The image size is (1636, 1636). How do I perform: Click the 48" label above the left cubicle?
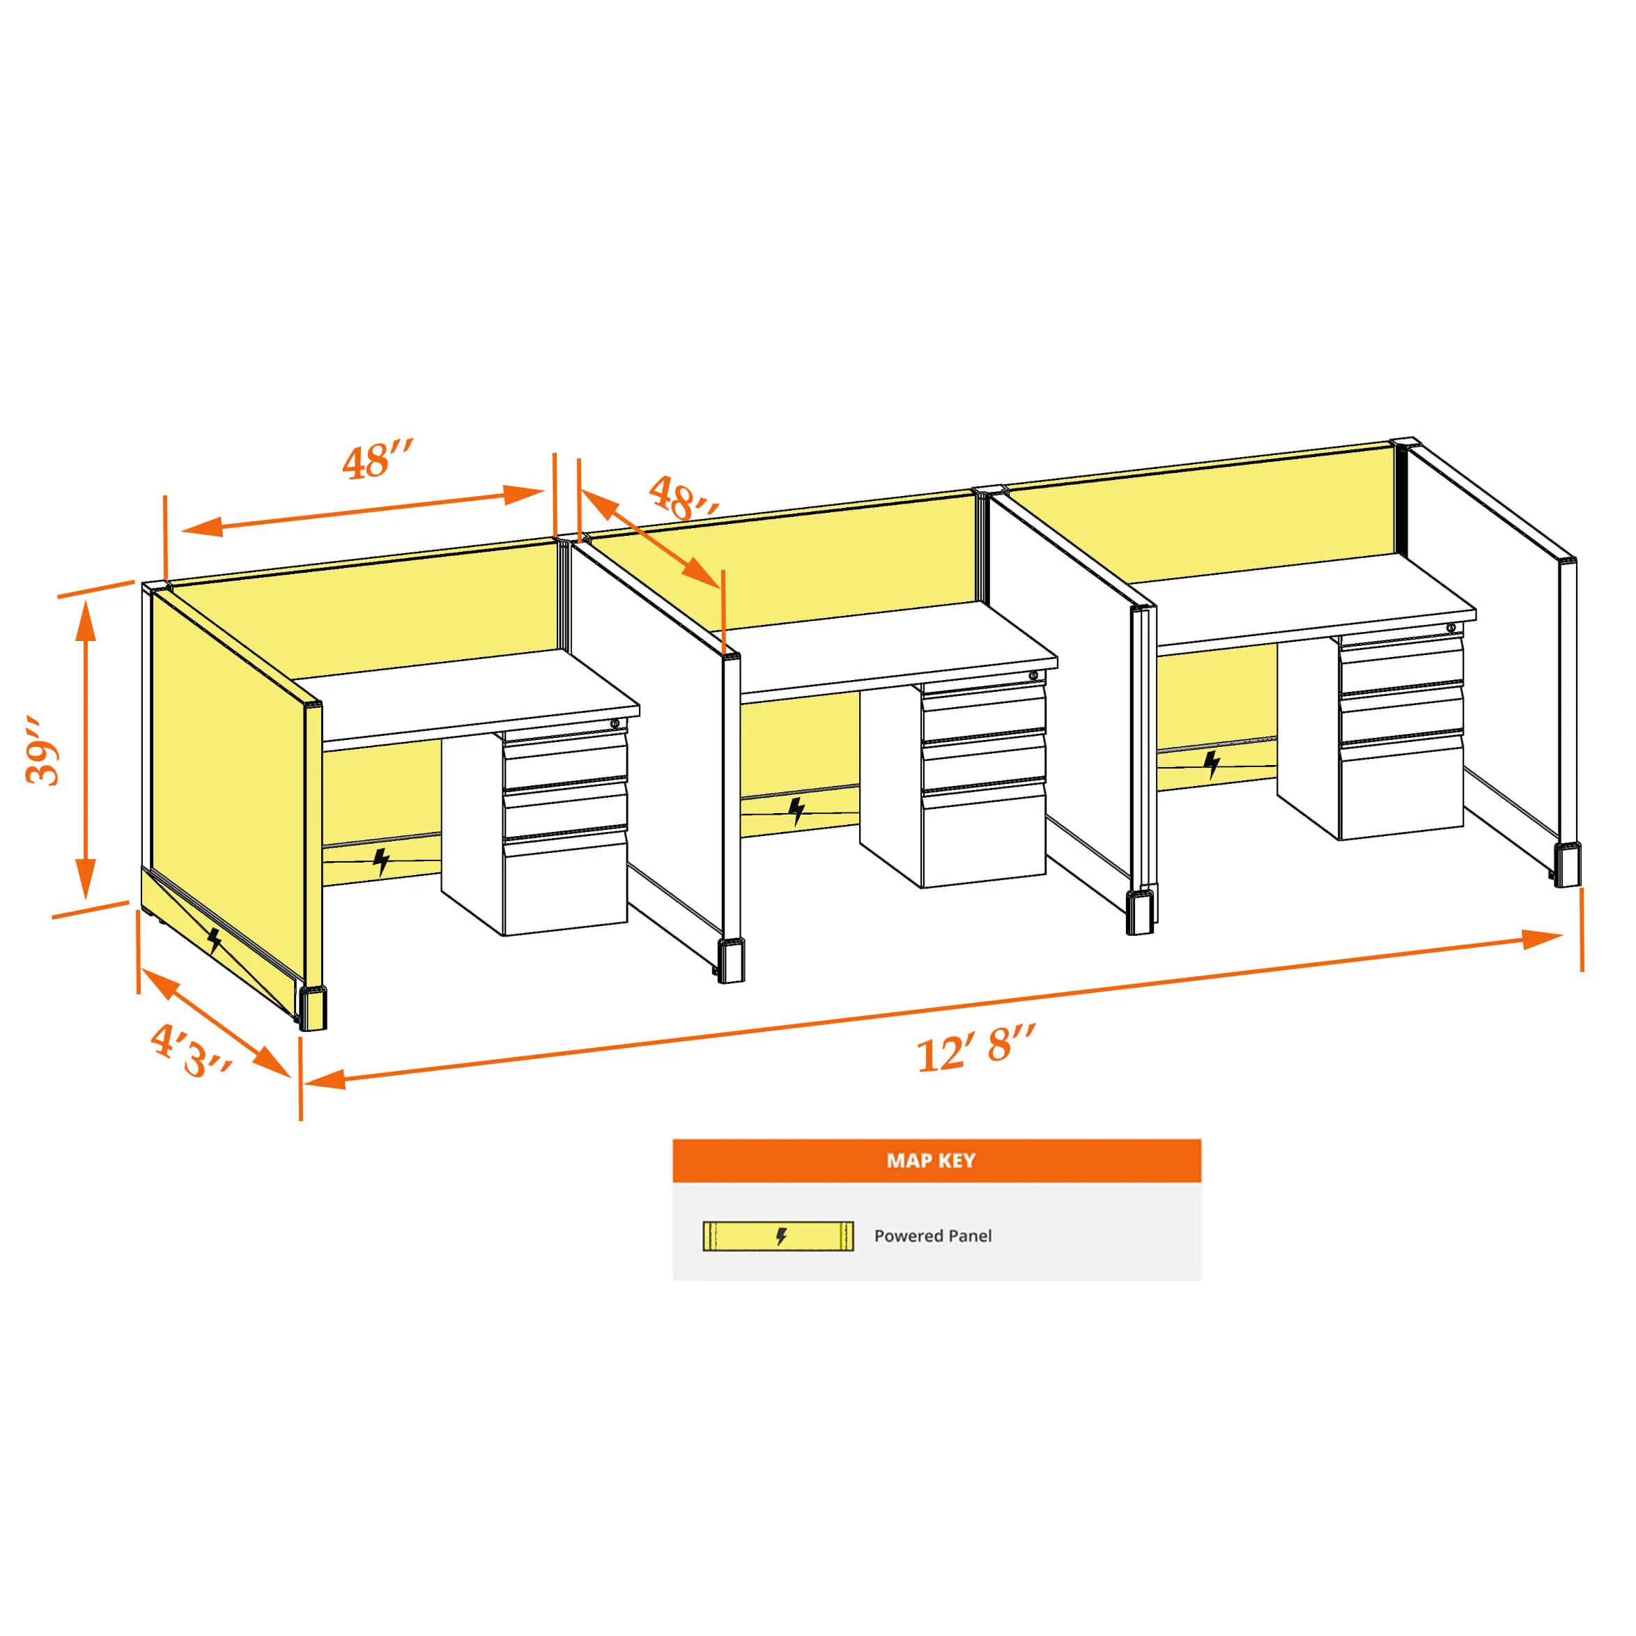[x=378, y=459]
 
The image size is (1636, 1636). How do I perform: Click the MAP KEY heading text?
[x=931, y=1160]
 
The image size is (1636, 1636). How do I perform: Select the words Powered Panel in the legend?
[x=932, y=1235]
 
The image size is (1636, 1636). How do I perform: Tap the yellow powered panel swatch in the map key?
[x=778, y=1236]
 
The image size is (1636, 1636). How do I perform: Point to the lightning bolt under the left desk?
[x=382, y=862]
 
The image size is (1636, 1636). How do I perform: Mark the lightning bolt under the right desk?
[x=1212, y=764]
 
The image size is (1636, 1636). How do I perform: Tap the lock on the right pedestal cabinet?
[x=1451, y=628]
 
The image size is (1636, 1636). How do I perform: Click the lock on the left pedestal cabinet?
[x=615, y=723]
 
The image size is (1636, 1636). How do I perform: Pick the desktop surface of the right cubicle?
[x=1305, y=594]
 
